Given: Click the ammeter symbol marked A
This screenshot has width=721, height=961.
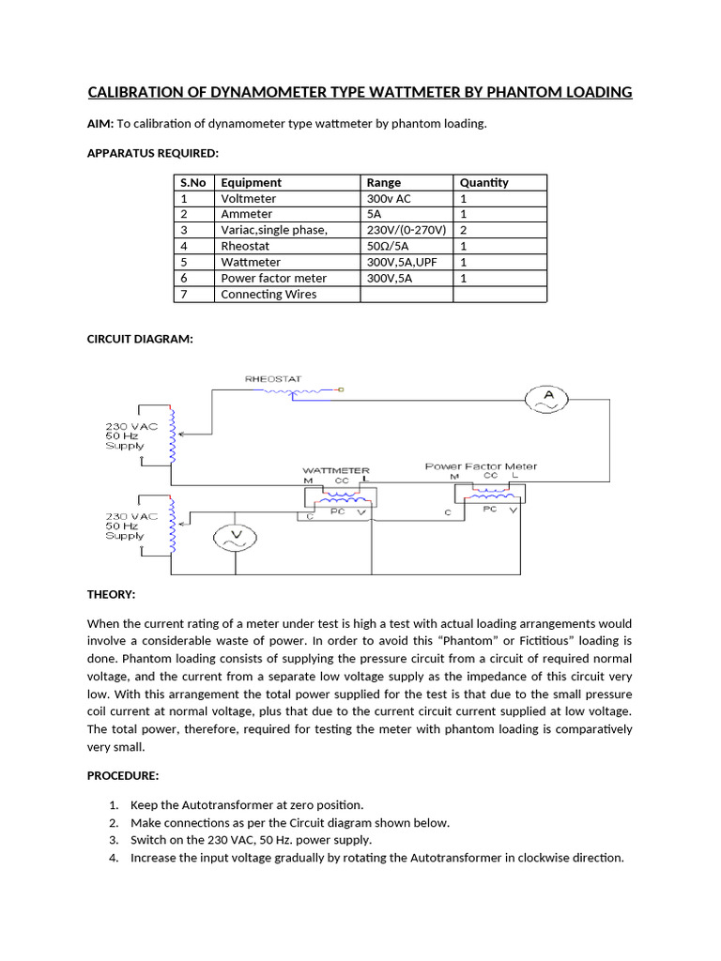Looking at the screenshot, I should [550, 400].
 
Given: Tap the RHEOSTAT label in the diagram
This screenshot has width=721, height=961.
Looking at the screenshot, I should [273, 379].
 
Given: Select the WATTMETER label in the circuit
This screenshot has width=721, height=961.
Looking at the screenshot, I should [335, 470].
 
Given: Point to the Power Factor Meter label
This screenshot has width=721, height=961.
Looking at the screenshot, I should [481, 466].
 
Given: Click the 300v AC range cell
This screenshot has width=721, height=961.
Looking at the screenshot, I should [389, 199].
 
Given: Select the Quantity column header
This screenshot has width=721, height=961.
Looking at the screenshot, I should [484, 183].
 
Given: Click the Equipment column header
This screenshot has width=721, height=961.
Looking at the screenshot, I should [251, 183].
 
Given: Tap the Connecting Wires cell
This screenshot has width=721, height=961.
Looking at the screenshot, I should [268, 294].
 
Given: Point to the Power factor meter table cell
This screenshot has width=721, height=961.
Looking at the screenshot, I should [273, 278].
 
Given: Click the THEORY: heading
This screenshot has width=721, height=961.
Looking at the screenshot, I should [112, 595].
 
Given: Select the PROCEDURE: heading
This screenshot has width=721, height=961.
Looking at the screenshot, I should [123, 775].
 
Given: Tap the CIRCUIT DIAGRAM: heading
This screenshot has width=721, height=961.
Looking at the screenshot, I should [140, 340].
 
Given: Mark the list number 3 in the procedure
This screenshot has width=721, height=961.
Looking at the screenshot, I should [113, 840].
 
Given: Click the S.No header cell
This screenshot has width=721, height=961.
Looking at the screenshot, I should [192, 183].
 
